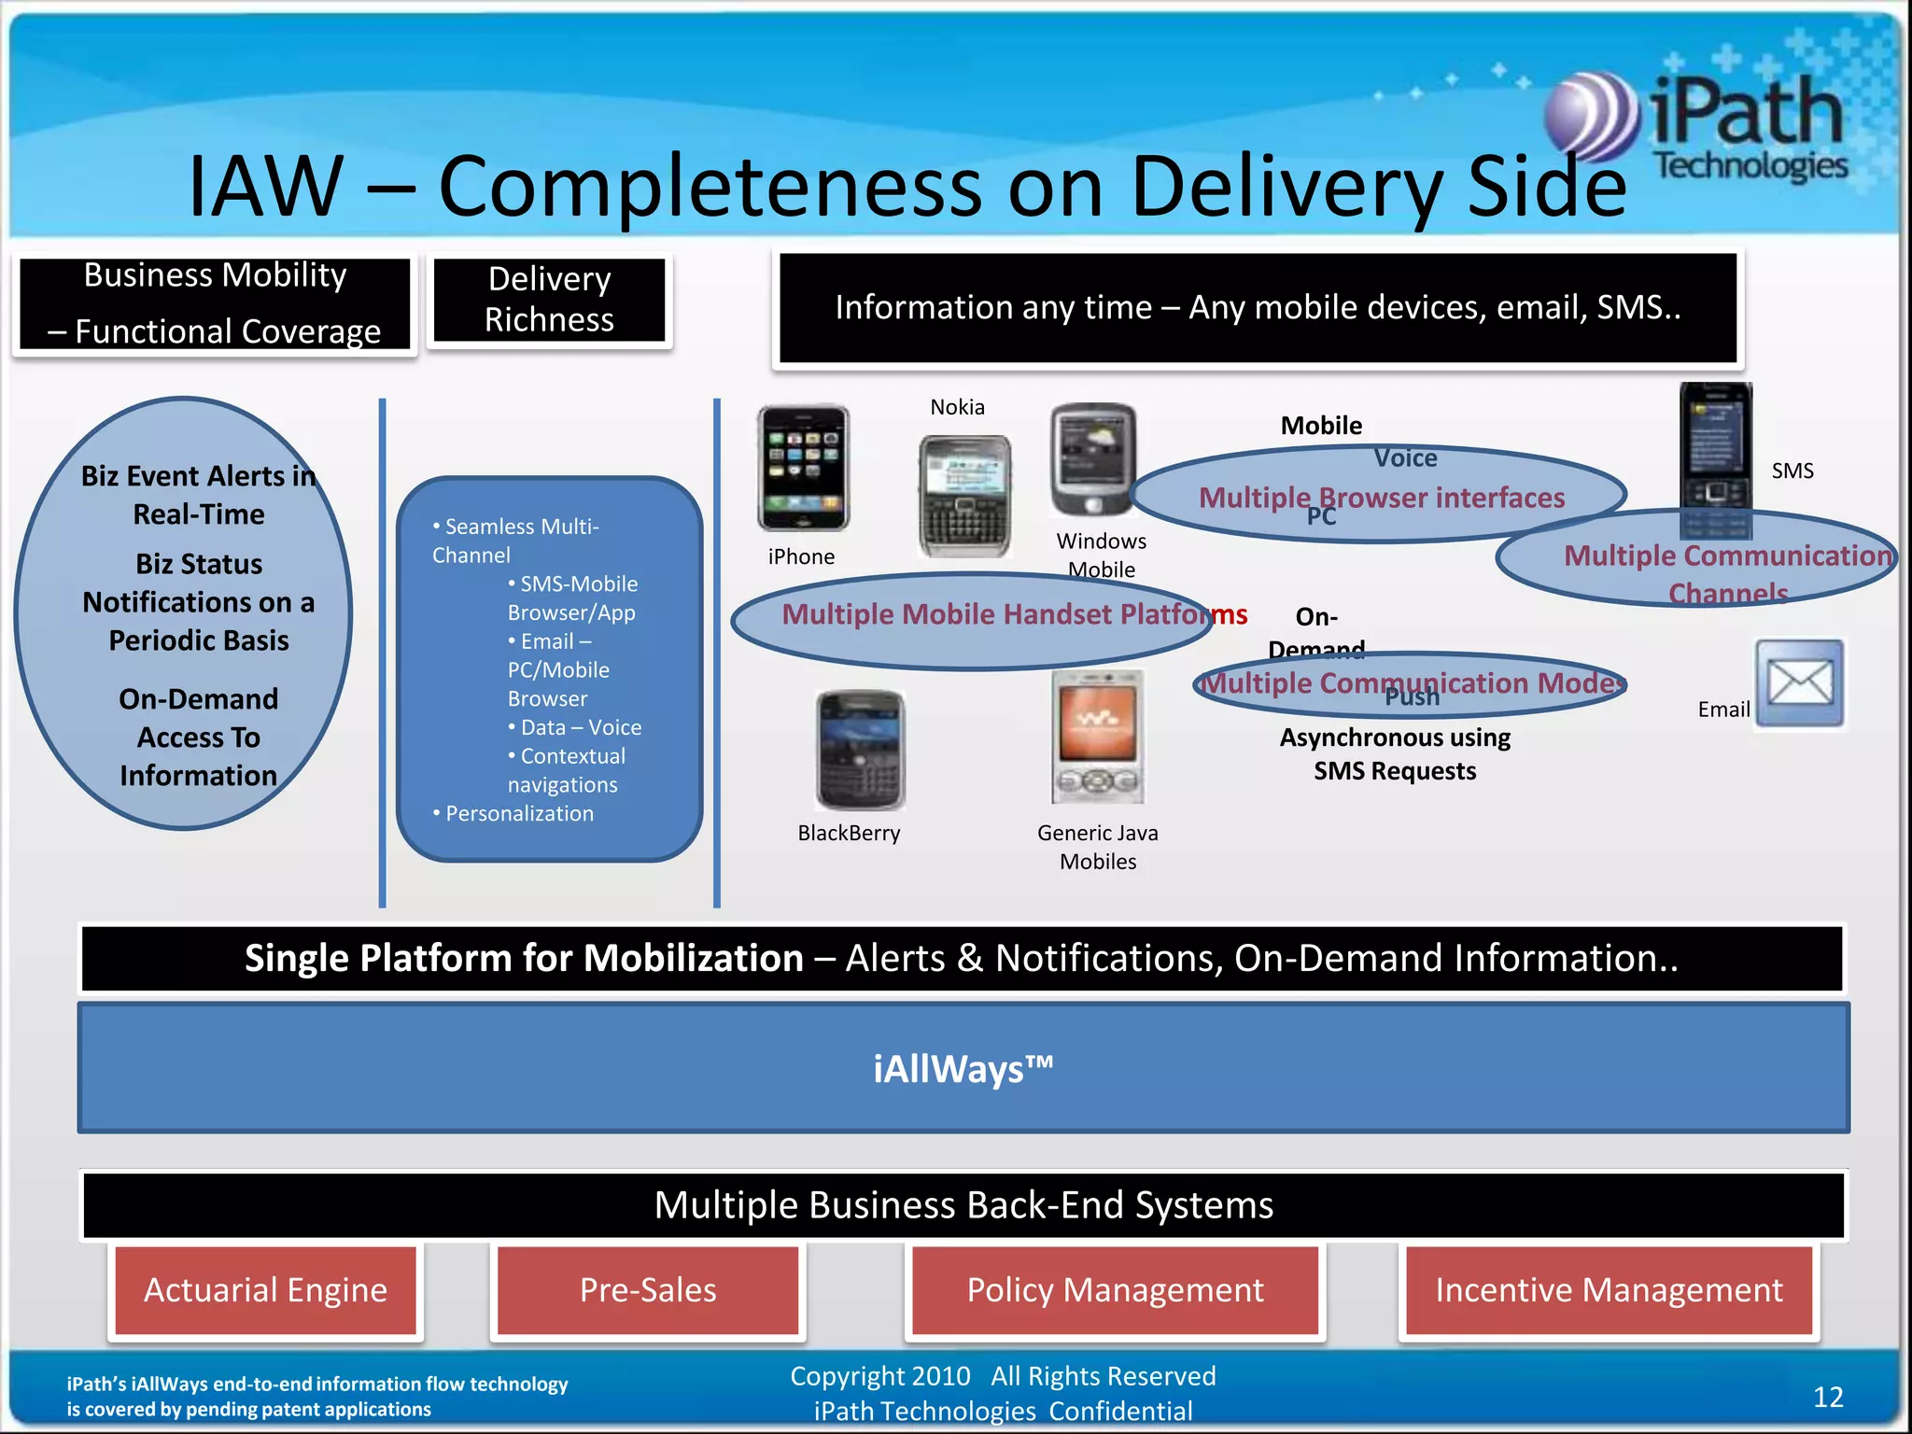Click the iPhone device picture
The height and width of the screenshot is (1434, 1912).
pyautogui.click(x=803, y=469)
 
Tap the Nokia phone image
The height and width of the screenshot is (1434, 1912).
pyautogui.click(x=964, y=495)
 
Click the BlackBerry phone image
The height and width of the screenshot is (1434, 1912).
pyautogui.click(x=860, y=750)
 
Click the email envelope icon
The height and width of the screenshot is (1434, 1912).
pyautogui.click(x=1799, y=683)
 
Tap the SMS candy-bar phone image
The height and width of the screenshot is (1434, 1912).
pyautogui.click(x=1715, y=457)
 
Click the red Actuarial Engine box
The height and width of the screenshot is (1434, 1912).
pyautogui.click(x=265, y=1290)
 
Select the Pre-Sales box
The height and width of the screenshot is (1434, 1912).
pyautogui.click(x=648, y=1290)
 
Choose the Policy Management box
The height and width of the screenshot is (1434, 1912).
pyautogui.click(x=1115, y=1290)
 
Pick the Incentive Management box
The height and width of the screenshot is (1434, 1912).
pyautogui.click(x=1609, y=1290)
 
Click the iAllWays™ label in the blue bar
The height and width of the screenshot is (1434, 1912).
pyautogui.click(x=963, y=1069)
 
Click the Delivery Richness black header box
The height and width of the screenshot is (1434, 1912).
pyautogui.click(x=549, y=300)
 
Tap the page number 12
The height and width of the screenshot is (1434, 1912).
pyautogui.click(x=1827, y=1397)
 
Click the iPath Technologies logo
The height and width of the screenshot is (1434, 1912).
pyautogui.click(x=1699, y=126)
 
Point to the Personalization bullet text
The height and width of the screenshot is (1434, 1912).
pyautogui.click(x=519, y=814)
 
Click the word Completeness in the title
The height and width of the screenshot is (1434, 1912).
pyautogui.click(x=710, y=186)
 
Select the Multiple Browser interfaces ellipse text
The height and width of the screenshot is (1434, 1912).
pyautogui.click(x=1381, y=498)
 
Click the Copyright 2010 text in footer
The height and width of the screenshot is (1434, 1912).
pyautogui.click(x=879, y=1376)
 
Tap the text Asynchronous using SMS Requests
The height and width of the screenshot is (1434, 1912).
pyautogui.click(x=1395, y=754)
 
